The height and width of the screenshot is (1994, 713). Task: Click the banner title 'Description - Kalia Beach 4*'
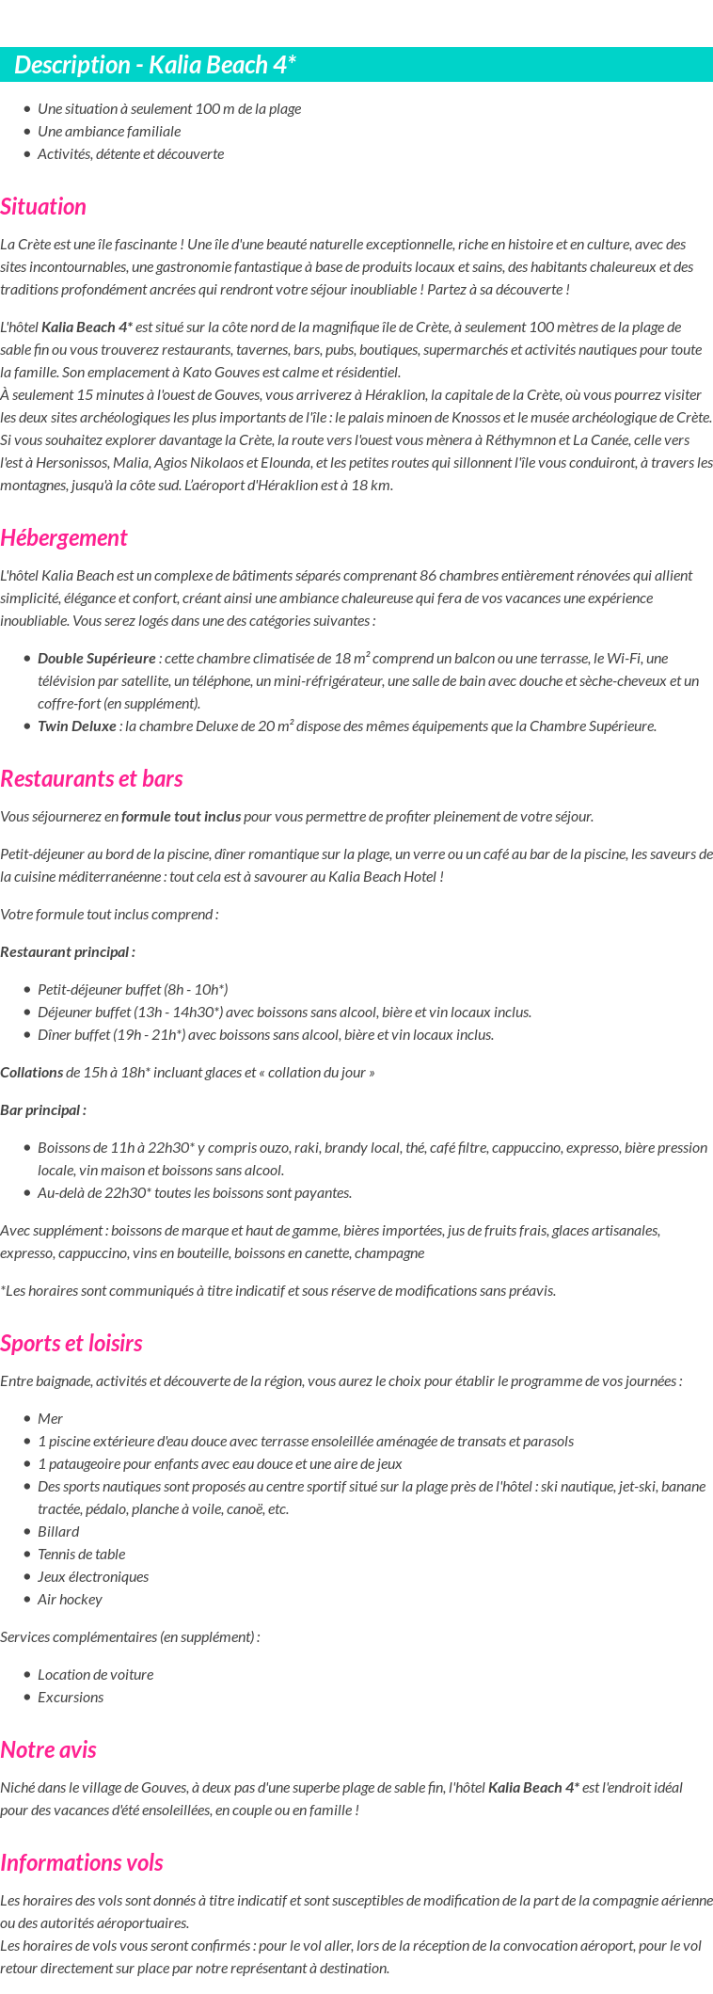tap(155, 65)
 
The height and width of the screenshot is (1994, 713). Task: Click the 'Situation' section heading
tap(43, 207)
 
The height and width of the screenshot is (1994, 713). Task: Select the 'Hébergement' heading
tap(63, 538)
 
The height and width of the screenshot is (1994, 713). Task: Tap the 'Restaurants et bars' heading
tap(91, 779)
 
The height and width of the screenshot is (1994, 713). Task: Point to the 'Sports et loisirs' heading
tap(71, 1344)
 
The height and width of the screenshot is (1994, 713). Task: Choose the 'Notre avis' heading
tap(48, 1750)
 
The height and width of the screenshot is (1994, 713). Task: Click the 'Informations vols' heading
tap(82, 1863)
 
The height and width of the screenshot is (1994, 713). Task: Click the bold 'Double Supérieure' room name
tap(97, 659)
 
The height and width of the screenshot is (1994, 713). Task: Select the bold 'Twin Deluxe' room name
tap(77, 726)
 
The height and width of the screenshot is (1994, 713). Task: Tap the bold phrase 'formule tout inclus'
tap(181, 817)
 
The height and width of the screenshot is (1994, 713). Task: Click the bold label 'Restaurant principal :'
tap(68, 952)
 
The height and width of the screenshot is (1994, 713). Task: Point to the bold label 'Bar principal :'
tap(43, 1110)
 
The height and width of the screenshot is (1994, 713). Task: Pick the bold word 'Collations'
tap(32, 1073)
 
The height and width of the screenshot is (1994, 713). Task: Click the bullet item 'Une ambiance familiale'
tap(109, 132)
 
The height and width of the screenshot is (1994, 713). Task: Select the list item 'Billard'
tap(58, 1532)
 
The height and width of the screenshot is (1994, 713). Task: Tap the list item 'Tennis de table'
tap(81, 1555)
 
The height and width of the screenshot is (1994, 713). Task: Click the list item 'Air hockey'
tap(70, 1600)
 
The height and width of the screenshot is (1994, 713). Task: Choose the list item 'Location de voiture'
tap(95, 1675)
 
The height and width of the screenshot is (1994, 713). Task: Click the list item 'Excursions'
tap(71, 1698)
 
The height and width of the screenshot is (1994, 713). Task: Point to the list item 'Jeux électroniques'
tap(93, 1577)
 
